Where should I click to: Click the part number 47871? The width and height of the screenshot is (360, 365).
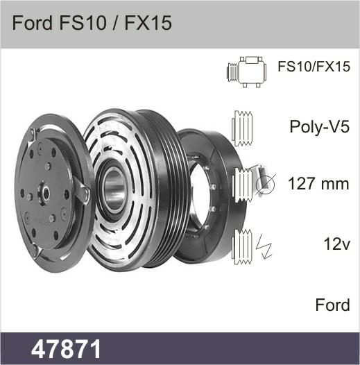click(66, 349)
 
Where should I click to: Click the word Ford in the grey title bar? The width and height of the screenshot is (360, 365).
click(33, 23)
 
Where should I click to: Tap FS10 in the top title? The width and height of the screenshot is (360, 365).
click(83, 23)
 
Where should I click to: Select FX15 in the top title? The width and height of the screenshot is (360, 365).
click(148, 23)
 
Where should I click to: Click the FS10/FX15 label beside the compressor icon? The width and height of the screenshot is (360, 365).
click(314, 67)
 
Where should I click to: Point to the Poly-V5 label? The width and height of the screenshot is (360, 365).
click(320, 127)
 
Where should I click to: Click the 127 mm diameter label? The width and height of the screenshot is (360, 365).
click(318, 184)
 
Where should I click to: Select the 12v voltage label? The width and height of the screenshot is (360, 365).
click(336, 244)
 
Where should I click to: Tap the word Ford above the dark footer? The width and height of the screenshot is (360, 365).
click(332, 305)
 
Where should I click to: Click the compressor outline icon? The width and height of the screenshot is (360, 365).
click(247, 72)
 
